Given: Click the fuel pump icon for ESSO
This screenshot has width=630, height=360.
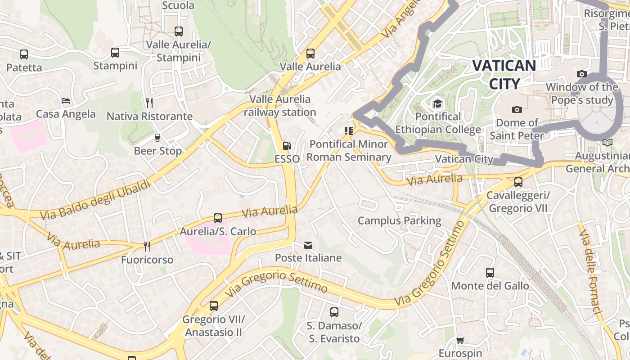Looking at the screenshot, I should point(286,146).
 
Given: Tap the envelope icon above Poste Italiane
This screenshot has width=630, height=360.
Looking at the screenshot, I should point(308,245).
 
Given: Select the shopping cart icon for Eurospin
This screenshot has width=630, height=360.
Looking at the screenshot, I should point(460,340).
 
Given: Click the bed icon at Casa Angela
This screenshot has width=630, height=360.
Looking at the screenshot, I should point(66,101).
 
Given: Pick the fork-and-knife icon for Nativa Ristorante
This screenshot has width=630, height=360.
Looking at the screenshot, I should point(149,103).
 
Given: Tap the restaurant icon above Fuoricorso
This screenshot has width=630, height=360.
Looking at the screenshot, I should point(147,247).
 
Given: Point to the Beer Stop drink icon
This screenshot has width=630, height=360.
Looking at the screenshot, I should point(157,137).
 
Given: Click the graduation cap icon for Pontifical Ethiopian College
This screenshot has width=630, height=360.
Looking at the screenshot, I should point(438,104).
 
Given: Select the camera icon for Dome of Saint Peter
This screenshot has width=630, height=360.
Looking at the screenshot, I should point(517,109).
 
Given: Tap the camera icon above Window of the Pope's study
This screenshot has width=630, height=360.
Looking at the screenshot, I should point(581,74).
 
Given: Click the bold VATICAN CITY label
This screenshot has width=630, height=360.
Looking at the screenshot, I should point(504,74).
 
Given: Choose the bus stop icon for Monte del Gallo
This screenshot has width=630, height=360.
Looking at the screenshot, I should point(490,273).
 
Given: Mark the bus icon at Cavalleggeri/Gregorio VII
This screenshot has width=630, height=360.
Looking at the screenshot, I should point(518,182).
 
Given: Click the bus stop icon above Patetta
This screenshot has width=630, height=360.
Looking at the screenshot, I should point(24,54).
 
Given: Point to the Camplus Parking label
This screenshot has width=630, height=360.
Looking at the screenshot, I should point(399,220).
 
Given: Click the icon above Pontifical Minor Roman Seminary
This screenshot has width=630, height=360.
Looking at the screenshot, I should point(348,131).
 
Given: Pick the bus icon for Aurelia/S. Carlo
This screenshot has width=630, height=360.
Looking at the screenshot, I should point(218,218).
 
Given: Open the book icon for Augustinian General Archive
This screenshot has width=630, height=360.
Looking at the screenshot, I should point(607,142).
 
